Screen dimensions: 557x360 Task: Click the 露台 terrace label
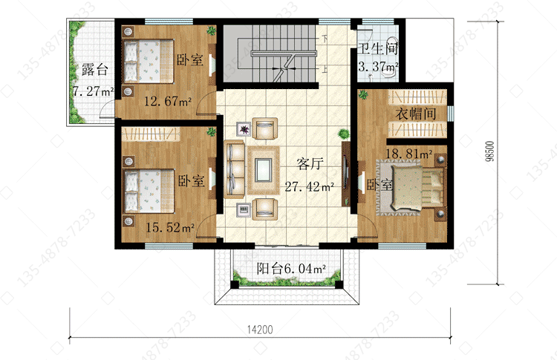click(94, 70)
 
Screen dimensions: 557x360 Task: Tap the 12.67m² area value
click(168, 102)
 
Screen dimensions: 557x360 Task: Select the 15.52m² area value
click(170, 227)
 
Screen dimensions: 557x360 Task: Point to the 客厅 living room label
click(310, 163)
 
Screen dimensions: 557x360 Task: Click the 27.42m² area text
click(309, 186)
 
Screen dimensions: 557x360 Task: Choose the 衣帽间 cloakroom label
click(416, 114)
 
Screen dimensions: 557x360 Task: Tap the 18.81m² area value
click(409, 154)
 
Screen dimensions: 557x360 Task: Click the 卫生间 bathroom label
click(377, 49)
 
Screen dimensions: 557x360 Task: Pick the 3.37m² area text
click(378, 66)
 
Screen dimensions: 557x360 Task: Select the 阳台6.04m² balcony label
click(291, 269)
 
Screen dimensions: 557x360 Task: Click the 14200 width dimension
click(260, 330)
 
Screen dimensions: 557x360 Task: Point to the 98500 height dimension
click(490, 151)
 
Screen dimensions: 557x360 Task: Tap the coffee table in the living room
click(263, 170)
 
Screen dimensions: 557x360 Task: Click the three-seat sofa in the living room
click(234, 169)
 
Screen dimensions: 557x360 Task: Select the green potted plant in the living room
click(344, 134)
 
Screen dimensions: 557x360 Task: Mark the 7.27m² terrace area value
click(93, 91)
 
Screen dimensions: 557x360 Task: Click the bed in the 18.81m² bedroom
click(417, 188)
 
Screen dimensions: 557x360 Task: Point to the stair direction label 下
click(325, 39)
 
